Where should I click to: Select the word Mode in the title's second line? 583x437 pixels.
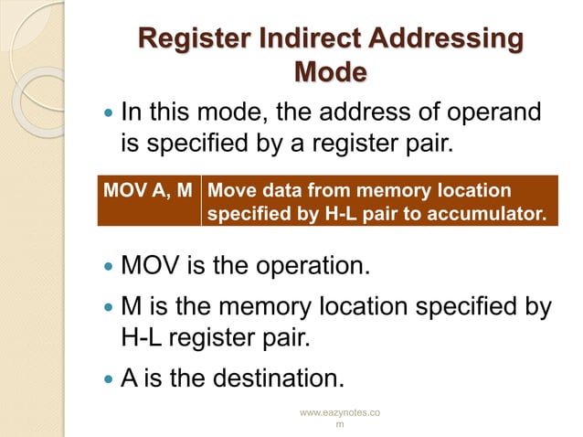pos(331,71)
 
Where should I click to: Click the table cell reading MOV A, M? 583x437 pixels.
pos(148,191)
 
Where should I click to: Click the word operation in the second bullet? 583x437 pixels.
pos(316,267)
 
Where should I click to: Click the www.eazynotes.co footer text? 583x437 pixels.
pos(341,414)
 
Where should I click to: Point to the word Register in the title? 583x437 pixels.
pos(186,39)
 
